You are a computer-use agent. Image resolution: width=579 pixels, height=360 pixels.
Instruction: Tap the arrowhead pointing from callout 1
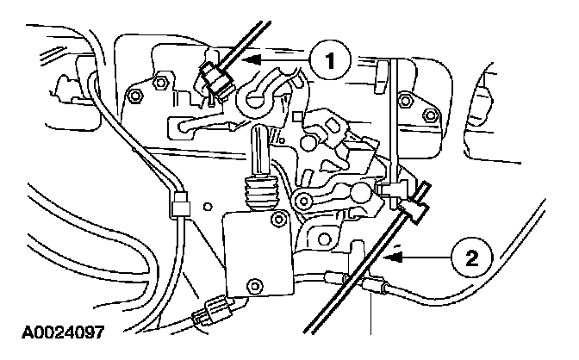[x=244, y=61]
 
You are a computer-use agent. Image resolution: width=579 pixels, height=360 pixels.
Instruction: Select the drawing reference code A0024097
[x=61, y=332]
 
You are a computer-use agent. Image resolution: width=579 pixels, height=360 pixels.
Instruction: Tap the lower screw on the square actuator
[x=254, y=285]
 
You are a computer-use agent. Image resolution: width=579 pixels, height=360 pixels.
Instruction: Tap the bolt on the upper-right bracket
[x=404, y=102]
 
